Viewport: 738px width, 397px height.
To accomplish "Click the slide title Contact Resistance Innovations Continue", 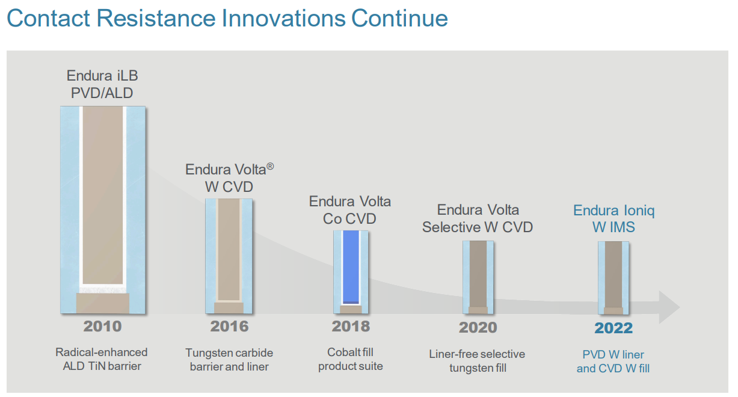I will [227, 18].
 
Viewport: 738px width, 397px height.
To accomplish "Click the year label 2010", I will [102, 327].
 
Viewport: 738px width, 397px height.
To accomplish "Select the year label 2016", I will [229, 327].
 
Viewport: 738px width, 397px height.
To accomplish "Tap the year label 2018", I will [351, 327].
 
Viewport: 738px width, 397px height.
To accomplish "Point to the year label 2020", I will [478, 328].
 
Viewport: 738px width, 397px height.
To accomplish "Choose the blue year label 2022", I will [613, 328].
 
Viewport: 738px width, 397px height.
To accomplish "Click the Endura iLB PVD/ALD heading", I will [102, 85].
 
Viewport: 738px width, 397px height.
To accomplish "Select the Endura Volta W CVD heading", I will [229, 178].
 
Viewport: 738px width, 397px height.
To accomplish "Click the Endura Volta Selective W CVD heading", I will [478, 218].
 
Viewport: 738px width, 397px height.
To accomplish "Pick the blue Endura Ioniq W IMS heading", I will [613, 219].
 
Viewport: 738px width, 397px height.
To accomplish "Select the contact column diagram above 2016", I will [229, 256].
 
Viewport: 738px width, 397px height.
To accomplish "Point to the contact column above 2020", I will [478, 277].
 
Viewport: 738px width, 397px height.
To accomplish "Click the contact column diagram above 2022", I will [613, 277].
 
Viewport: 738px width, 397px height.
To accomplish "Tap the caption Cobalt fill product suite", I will [351, 359].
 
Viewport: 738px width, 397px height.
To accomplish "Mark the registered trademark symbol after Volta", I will [270, 166].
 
